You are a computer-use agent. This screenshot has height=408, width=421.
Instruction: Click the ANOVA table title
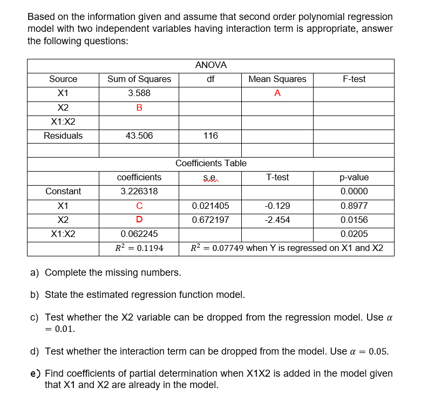(x=210, y=65)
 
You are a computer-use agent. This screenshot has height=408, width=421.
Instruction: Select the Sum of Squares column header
(x=139, y=79)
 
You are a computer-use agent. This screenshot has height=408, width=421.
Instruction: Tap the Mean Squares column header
(x=277, y=79)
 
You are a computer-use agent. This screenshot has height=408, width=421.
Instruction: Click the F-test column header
(x=354, y=79)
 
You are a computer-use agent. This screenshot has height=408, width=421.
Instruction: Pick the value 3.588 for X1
(x=139, y=93)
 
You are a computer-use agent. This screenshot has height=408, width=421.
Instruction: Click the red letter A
(x=277, y=93)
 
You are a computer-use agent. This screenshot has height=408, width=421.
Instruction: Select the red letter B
(x=139, y=107)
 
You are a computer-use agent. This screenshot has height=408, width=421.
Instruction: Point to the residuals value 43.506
(x=139, y=135)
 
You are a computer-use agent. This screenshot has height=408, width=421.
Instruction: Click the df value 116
(x=210, y=135)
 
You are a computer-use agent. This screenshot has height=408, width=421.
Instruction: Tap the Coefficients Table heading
(x=210, y=164)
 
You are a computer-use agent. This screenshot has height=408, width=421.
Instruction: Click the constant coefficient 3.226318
(x=139, y=192)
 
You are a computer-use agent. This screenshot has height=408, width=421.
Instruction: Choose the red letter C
(x=139, y=206)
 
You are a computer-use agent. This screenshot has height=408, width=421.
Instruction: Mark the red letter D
(x=139, y=220)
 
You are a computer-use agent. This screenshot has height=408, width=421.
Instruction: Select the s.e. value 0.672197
(x=210, y=220)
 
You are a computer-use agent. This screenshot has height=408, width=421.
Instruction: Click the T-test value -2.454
(x=277, y=220)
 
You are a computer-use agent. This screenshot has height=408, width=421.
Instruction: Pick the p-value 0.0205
(x=354, y=234)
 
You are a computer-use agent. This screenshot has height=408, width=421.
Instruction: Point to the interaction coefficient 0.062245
(x=139, y=234)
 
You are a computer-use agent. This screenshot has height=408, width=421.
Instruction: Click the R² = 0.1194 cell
(x=139, y=248)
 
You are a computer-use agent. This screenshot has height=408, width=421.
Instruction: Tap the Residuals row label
(x=63, y=135)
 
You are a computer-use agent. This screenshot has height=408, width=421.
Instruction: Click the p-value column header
(x=354, y=178)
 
